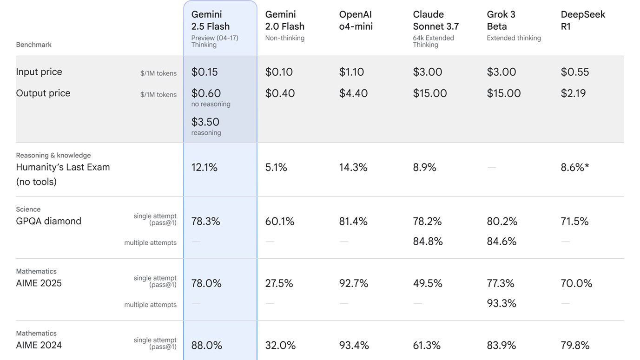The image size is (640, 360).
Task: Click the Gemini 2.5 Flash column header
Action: click(x=211, y=20)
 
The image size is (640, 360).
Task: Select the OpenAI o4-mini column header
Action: click(x=356, y=20)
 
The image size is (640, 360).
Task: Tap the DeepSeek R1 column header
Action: click(x=583, y=20)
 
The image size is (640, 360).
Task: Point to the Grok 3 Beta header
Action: click(x=501, y=20)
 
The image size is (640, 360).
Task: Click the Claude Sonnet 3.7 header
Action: click(x=435, y=20)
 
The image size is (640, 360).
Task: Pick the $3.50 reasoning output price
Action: click(x=205, y=122)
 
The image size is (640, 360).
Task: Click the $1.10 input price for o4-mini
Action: click(x=351, y=72)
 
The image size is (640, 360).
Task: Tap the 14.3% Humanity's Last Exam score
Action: click(x=353, y=168)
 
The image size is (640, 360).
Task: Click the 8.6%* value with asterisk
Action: click(x=575, y=168)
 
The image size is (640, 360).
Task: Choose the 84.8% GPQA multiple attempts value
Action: click(x=428, y=242)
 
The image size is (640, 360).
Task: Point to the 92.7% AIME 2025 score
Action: click(x=354, y=283)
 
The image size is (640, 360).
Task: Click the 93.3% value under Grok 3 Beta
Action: click(x=501, y=303)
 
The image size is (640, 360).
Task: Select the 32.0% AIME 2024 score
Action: click(x=280, y=346)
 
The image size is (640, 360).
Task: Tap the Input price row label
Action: click(x=39, y=72)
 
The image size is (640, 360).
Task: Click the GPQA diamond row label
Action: click(x=49, y=221)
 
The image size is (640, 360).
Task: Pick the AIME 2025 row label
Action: click(x=39, y=283)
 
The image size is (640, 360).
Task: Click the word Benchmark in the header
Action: click(x=33, y=45)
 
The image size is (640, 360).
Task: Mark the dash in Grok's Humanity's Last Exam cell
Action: click(x=492, y=168)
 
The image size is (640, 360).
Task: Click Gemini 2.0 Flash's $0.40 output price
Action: click(x=280, y=93)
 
